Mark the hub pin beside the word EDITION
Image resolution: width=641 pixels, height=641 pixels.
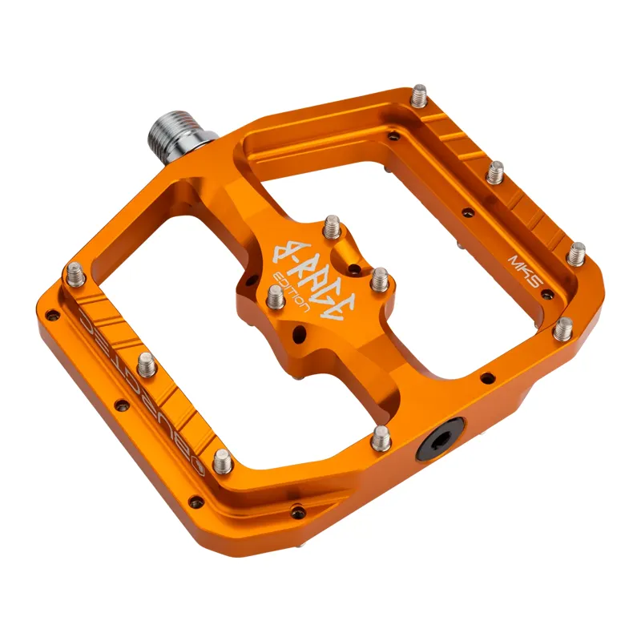(x=273, y=298)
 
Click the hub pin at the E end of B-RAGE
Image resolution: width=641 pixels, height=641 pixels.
(x=377, y=281)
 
